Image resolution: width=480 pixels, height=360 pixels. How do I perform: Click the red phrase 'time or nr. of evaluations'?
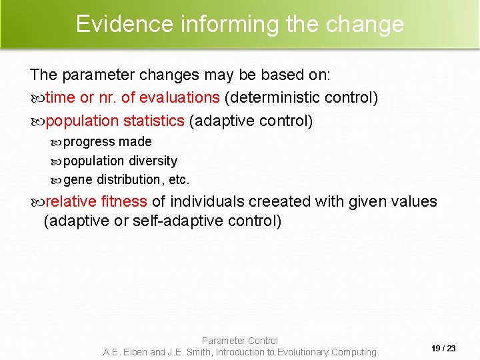tap(133, 97)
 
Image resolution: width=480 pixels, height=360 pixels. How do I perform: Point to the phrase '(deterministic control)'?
tap(301, 97)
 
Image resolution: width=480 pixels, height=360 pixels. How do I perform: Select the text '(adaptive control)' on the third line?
tap(251, 121)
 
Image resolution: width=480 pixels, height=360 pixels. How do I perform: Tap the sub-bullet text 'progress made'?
tap(107, 141)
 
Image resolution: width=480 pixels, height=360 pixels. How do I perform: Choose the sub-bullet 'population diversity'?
tap(120, 161)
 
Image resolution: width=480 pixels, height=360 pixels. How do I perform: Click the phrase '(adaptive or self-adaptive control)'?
tap(162, 221)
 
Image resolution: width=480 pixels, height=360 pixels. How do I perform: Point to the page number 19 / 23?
tap(443, 348)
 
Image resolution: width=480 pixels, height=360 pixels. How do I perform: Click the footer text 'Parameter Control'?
tap(240, 341)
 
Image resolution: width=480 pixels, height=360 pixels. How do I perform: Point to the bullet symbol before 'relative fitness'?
tap(37, 202)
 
